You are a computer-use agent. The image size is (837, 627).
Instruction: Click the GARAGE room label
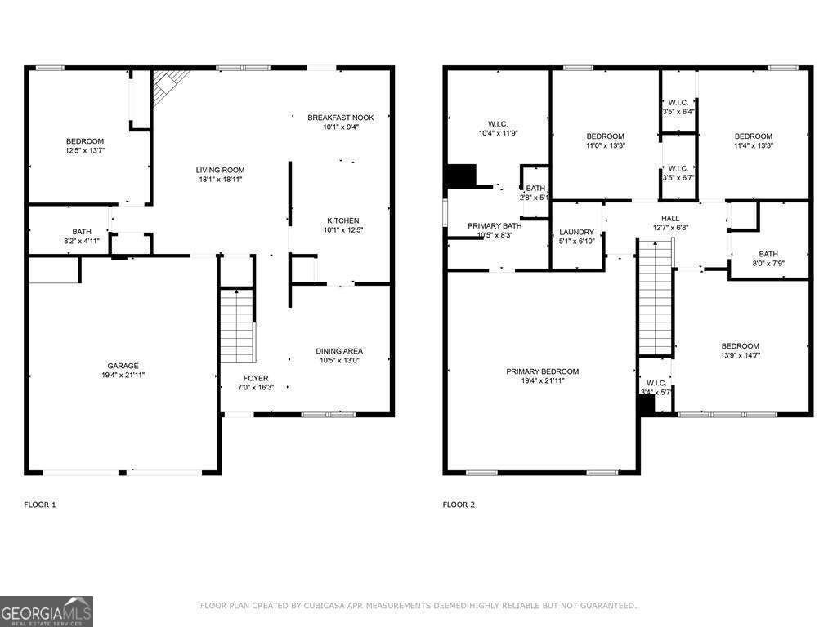(123, 366)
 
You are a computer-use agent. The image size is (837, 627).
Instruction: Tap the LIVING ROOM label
(221, 170)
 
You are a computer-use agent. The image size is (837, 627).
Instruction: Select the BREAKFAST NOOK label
(341, 118)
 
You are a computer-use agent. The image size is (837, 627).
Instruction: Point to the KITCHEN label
(343, 220)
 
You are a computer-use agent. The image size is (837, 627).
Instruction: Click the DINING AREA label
(340, 351)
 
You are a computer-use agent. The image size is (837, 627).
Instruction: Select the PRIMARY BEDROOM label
(542, 371)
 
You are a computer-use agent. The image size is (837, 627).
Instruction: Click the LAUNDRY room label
(577, 232)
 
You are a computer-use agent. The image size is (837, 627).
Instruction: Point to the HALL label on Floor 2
(670, 218)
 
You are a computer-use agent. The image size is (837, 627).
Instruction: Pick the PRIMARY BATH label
(495, 225)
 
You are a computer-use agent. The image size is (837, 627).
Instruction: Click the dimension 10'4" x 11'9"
(499, 132)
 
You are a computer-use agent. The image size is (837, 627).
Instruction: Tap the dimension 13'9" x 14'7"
(740, 355)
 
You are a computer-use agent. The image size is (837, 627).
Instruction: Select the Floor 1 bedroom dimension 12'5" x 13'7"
(85, 150)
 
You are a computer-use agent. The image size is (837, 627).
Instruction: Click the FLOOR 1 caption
(39, 505)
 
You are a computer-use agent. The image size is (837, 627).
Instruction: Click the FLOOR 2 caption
(459, 505)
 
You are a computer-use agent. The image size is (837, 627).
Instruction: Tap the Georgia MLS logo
(47, 611)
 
